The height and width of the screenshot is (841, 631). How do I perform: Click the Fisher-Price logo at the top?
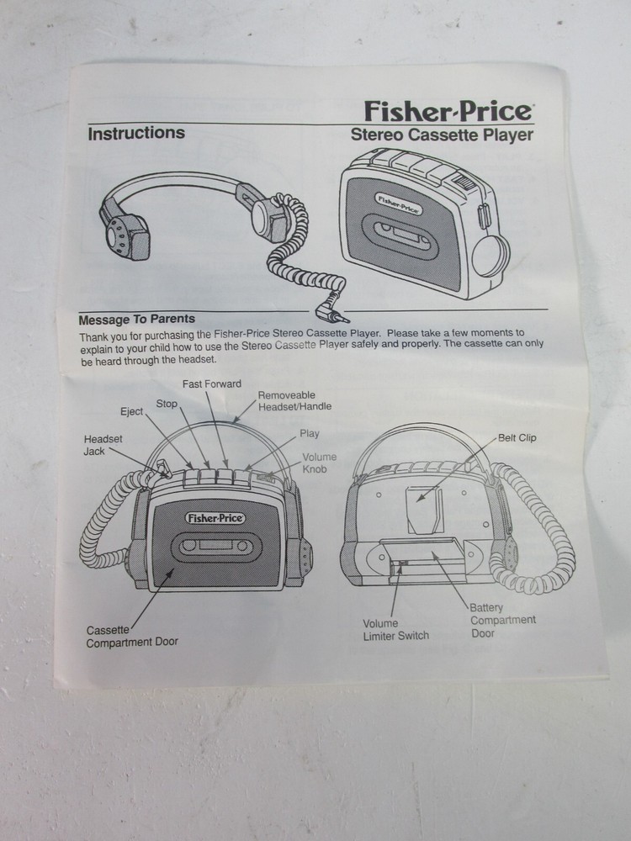coord(448,110)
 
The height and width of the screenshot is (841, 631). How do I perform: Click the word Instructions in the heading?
coord(136,133)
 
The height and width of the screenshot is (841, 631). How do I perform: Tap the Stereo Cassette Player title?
coord(441,135)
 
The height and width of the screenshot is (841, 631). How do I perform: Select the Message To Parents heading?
coord(136,320)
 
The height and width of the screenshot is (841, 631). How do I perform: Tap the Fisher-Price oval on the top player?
coord(399,203)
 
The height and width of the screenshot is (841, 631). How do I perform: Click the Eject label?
coord(131,411)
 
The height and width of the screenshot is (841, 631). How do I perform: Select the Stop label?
coord(167,404)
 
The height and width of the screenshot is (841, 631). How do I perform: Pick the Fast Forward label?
coord(212,384)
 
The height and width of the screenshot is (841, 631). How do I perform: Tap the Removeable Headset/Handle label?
coord(294,400)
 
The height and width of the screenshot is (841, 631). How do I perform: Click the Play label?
coord(309,434)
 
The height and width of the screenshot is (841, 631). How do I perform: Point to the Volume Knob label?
coord(319,463)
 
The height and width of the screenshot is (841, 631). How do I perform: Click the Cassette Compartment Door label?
coord(132,636)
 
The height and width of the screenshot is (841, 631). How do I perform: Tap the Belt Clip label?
coord(516,437)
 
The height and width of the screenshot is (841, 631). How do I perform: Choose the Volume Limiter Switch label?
coord(395,629)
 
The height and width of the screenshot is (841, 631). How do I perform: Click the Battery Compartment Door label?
coord(501,620)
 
